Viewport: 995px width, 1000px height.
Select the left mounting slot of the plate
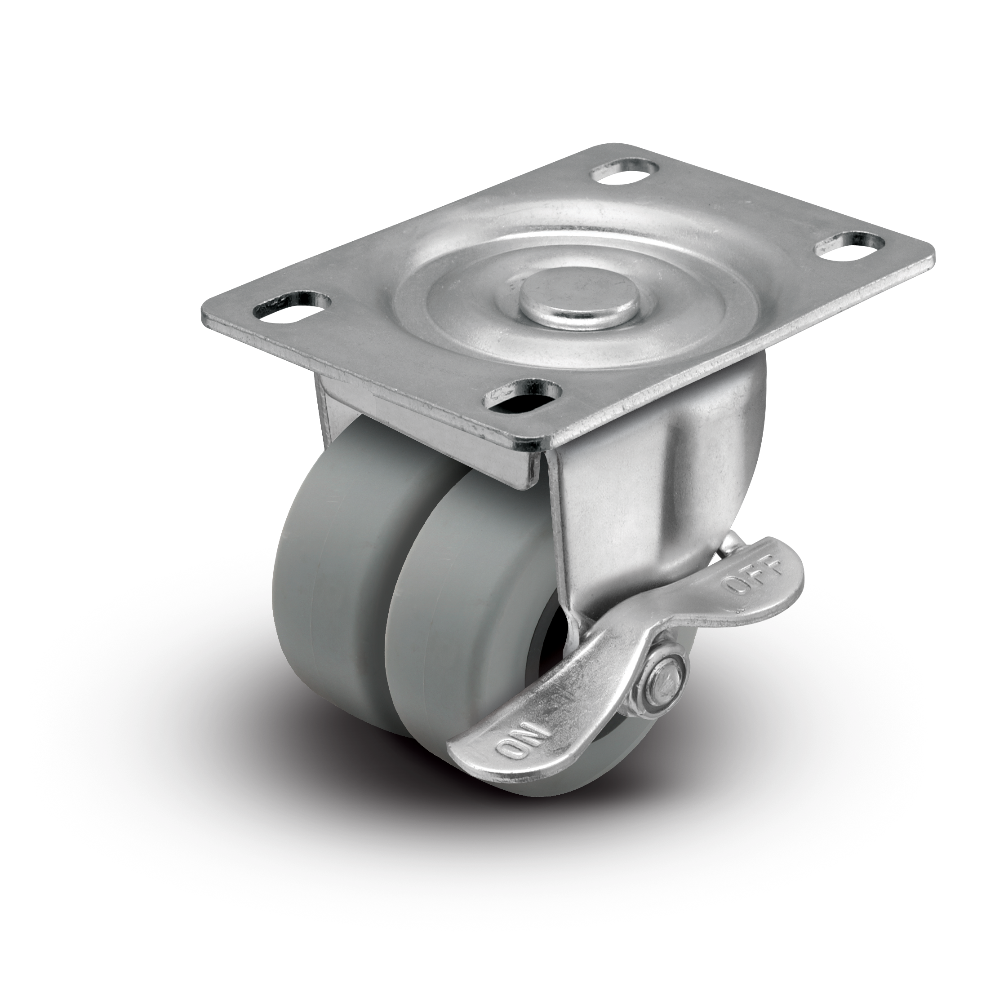(x=292, y=308)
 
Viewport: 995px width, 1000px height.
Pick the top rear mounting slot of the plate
(x=627, y=171)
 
